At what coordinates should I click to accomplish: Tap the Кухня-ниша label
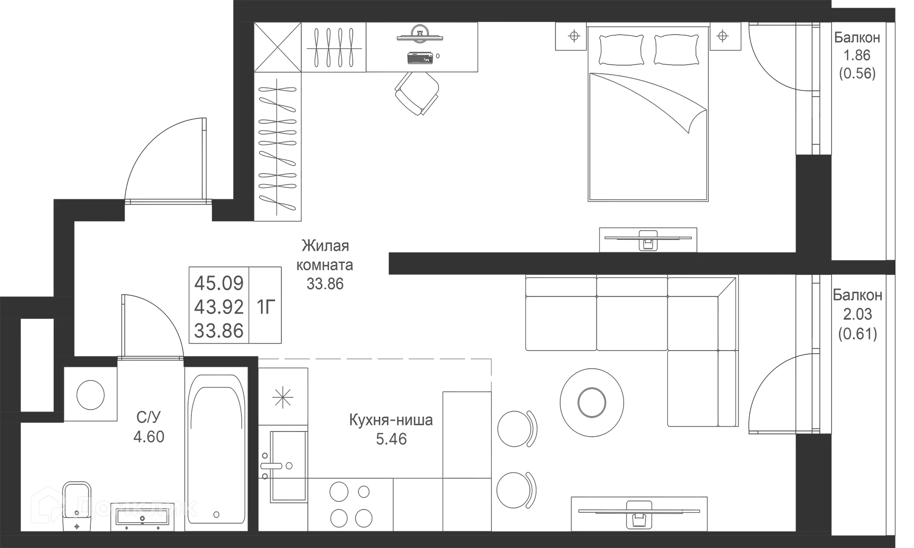tap(391, 421)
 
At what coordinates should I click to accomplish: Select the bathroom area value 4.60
tap(149, 437)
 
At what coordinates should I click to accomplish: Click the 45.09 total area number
tap(219, 283)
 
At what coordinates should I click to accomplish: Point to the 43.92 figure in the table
tap(219, 307)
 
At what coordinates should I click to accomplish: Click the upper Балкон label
tap(856, 37)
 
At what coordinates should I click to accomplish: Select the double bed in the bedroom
tap(648, 138)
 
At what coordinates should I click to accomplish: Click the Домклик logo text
tap(136, 507)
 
